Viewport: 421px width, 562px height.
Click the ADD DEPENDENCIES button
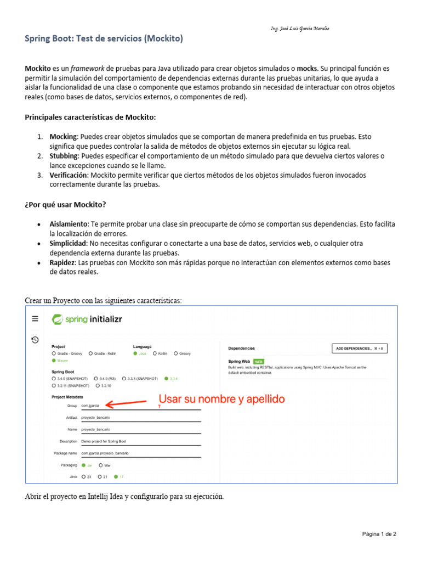[x=360, y=348]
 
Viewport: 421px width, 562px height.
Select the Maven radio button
[x=54, y=361]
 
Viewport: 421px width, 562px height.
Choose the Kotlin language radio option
[x=155, y=353]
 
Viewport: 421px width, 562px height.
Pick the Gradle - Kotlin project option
[x=90, y=353]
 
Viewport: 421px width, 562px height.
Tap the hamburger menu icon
[x=35, y=318]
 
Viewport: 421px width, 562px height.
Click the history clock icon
[x=35, y=340]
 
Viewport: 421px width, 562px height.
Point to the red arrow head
[x=107, y=405]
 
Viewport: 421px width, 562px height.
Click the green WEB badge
[x=259, y=362]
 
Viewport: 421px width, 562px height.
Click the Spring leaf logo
[x=57, y=319]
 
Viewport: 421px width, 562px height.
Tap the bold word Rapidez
[x=62, y=263]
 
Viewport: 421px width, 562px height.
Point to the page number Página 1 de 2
[x=379, y=534]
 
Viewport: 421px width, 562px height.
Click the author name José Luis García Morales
[x=300, y=29]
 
